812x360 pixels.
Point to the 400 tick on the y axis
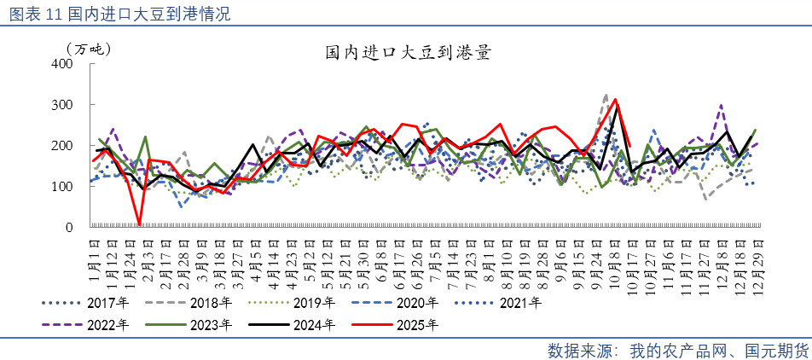[63, 64]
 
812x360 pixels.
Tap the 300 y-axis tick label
[63, 105]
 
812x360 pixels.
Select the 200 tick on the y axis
[63, 146]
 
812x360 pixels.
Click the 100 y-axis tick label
[63, 187]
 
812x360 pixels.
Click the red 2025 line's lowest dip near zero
[139, 225]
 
